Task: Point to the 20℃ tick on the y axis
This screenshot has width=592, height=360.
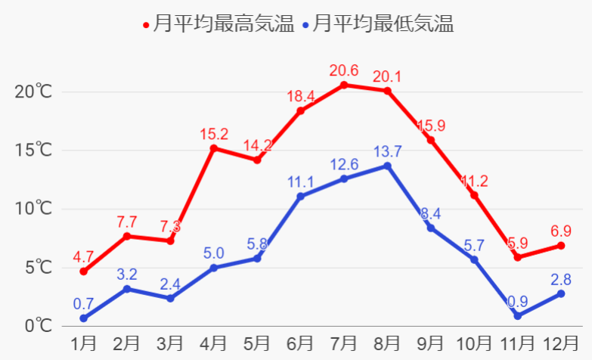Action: pos(34,92)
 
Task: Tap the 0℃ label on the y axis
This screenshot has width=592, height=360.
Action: pos(37,327)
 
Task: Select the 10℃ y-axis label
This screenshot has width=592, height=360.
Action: pos(34,209)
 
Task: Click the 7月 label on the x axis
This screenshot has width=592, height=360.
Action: pos(344,343)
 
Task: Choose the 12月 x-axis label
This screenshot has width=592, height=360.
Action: pos(560,343)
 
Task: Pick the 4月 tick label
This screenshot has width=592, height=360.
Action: pos(214,343)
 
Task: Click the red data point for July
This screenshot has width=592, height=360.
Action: pos(344,85)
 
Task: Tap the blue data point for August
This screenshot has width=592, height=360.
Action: pos(388,166)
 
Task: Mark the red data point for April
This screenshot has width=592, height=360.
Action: pos(214,148)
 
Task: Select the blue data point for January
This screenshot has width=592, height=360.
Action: pos(83,318)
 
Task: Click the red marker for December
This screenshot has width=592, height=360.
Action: pos(561,246)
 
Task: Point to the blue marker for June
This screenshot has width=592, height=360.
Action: pos(300,197)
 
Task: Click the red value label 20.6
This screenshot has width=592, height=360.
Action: pos(344,70)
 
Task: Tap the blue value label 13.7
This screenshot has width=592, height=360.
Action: pos(388,151)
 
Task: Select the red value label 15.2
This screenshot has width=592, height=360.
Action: pos(214,134)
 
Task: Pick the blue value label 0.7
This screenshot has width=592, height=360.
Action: pos(83,304)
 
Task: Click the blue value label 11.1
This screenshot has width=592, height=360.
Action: pos(300,182)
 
